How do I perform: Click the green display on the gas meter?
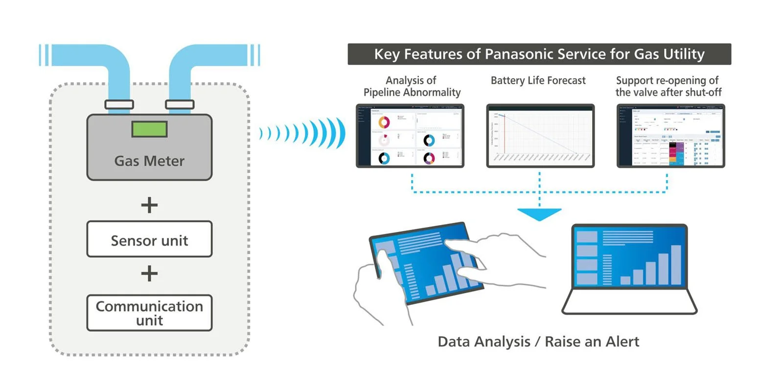coord(149,129)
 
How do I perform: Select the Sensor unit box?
coord(149,239)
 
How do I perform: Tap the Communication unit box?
coord(149,313)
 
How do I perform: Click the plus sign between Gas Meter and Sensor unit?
coord(149,205)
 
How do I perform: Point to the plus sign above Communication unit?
coord(149,273)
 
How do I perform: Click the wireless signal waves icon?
coord(303,133)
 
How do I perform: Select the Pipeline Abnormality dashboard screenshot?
coord(410,136)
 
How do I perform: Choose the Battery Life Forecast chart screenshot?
coord(540,136)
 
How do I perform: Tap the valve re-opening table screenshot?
coord(670,136)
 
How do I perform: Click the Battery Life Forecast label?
coord(538,80)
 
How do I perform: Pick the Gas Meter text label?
coord(149,161)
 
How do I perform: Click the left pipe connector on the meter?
coord(119,104)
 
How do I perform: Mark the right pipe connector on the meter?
coord(180,104)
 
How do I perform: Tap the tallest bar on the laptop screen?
coord(675,265)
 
